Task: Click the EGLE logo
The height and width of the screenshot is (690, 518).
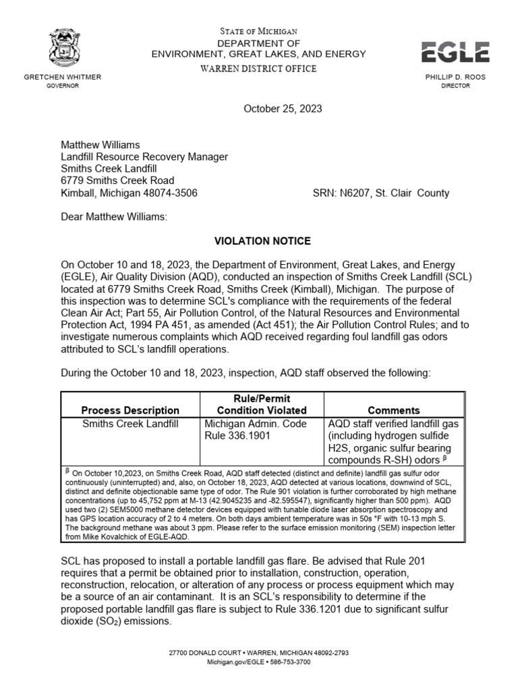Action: pos(455,51)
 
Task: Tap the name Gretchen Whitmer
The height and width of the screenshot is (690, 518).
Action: pos(62,77)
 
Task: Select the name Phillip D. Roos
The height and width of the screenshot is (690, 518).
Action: pos(456,77)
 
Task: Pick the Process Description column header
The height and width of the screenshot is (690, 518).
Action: pos(130,410)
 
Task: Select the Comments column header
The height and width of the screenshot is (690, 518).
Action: pos(393,410)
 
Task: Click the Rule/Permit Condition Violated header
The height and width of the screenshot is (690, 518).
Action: pos(262,404)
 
